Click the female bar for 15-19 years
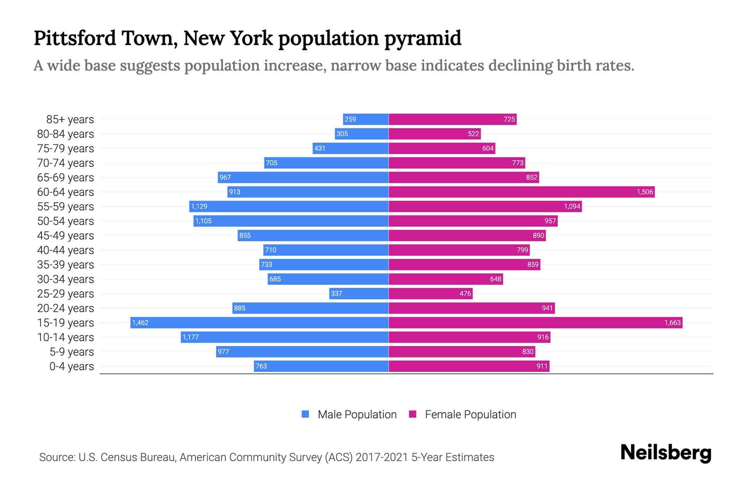(x=535, y=322)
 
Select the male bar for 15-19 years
(x=259, y=322)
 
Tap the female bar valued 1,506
(x=522, y=192)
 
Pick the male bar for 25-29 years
(x=359, y=293)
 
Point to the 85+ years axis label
(x=70, y=120)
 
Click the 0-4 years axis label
(x=71, y=366)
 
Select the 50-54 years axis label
(x=66, y=221)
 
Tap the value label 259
(x=350, y=120)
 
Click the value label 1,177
(x=191, y=337)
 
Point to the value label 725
(x=509, y=120)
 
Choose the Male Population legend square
(x=305, y=414)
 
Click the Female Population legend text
(x=471, y=415)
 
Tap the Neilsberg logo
(x=666, y=453)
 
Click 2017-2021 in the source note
(x=382, y=457)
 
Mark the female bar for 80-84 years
(x=435, y=134)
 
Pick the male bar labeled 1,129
(x=289, y=206)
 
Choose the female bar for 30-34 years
(x=446, y=279)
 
